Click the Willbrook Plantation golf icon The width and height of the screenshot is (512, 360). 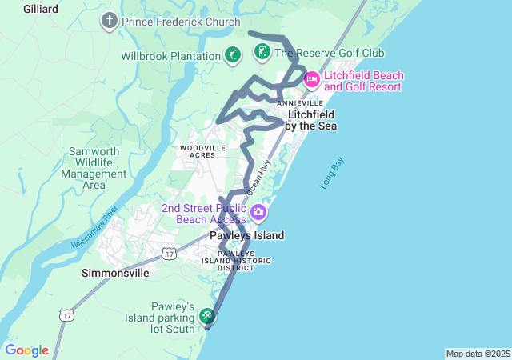(232, 55)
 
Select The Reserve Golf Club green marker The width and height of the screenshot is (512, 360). (262, 53)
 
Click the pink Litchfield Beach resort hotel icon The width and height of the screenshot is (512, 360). (312, 79)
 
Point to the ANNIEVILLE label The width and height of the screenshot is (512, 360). (300, 104)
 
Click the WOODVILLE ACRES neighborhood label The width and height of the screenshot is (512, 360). (203, 152)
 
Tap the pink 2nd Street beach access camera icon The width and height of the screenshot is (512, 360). (258, 213)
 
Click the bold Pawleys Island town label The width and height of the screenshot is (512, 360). (246, 236)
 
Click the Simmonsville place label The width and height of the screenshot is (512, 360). (115, 273)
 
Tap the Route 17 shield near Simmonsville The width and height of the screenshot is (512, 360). (168, 254)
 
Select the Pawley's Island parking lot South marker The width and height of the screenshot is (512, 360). (207, 317)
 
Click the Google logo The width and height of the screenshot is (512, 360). (26, 350)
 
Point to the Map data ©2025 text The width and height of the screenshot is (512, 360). (477, 354)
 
